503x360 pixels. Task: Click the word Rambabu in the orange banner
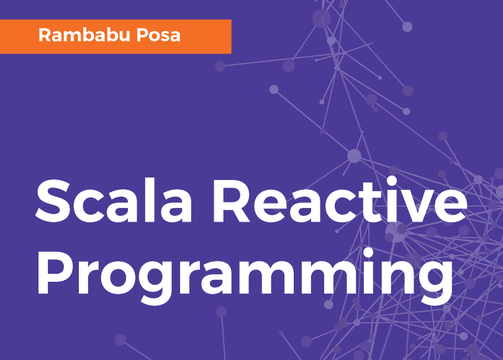(84, 35)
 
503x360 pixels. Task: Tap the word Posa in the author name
(158, 35)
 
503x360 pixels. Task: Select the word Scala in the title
(114, 200)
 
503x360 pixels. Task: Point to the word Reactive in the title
(340, 200)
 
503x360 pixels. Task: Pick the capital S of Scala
(53, 200)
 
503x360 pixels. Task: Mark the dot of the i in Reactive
(392, 181)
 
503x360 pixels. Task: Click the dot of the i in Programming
(368, 253)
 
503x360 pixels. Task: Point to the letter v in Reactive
(417, 207)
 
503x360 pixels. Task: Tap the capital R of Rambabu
(45, 35)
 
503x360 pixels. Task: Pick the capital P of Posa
(142, 35)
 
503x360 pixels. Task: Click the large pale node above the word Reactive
(354, 156)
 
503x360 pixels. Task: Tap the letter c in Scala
(89, 207)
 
